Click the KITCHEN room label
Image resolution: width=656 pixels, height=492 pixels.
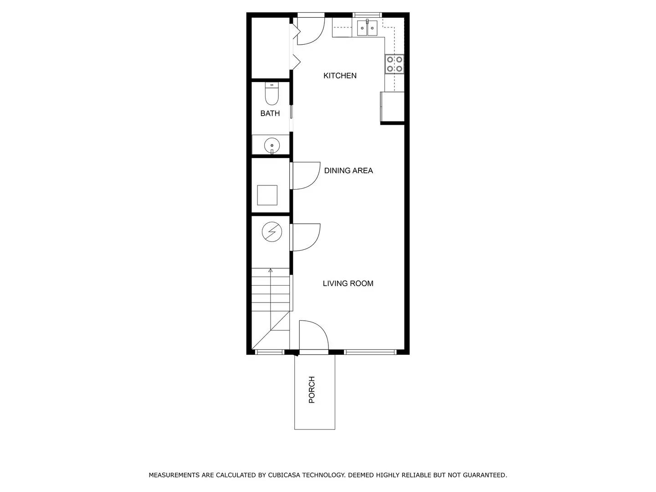pos(340,76)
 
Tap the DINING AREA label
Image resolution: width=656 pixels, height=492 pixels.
pos(348,170)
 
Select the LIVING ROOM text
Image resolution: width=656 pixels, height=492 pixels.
pos(348,283)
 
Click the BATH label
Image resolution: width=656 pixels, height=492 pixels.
pos(270,113)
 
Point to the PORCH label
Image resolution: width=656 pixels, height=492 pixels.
pos(312,389)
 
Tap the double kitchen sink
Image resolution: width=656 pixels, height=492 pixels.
pos(367,28)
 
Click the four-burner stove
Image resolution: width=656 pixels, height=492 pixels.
pos(395,64)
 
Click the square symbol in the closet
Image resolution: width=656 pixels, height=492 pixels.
pos(267,195)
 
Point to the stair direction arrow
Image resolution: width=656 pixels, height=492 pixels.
pos(271,271)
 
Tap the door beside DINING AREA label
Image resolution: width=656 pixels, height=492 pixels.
pos(306,175)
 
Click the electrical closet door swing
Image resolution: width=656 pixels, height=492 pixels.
pos(306,237)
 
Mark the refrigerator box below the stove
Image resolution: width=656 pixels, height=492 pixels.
pos(393,107)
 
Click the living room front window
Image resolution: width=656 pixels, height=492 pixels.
pos(370,352)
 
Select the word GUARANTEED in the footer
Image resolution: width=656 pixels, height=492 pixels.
pos(484,475)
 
